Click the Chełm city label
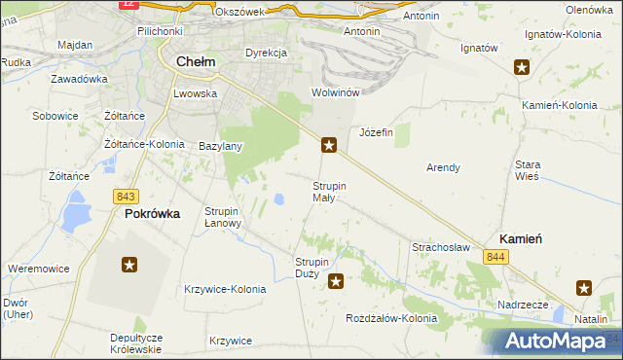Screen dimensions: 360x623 pyautogui.click(x=194, y=62)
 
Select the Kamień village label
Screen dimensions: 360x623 pyautogui.click(x=521, y=237)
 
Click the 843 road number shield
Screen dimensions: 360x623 pyautogui.click(x=124, y=196)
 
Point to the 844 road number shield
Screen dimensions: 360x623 pyautogui.click(x=497, y=256)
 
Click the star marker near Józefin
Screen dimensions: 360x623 pyautogui.click(x=330, y=146)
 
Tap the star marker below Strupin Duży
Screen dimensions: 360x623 pyautogui.click(x=336, y=282)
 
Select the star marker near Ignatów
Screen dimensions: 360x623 pyautogui.click(x=523, y=67)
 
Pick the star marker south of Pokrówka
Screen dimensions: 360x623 pyautogui.click(x=129, y=264)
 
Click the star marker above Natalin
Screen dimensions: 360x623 pyautogui.click(x=584, y=287)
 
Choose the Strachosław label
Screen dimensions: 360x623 pyautogui.click(x=441, y=247)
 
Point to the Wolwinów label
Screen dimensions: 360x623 pyautogui.click(x=336, y=92)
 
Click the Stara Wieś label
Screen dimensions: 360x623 pyautogui.click(x=529, y=169)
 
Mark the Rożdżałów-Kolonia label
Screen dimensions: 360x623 pyautogui.click(x=392, y=318)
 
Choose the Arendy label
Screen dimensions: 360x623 pyautogui.click(x=443, y=167)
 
